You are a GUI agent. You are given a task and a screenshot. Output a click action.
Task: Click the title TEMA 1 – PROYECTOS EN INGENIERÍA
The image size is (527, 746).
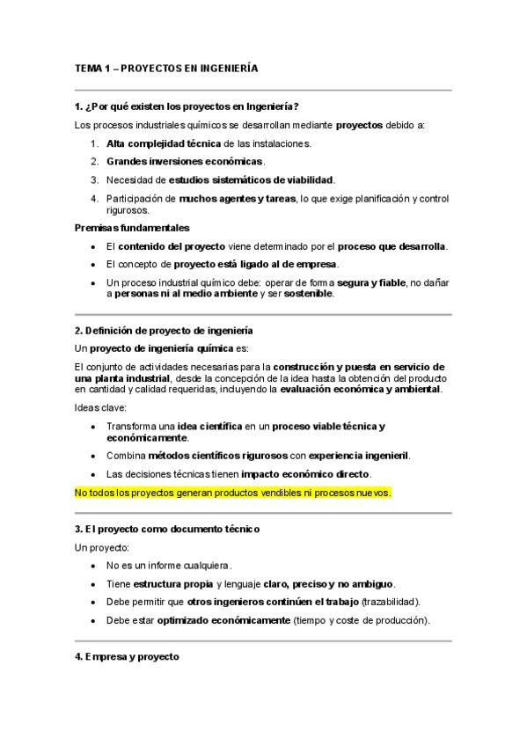(166, 68)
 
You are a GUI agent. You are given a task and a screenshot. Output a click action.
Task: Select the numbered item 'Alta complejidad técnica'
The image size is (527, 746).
(165, 143)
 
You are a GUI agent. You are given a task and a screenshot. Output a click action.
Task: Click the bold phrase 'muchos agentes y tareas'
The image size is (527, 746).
(238, 198)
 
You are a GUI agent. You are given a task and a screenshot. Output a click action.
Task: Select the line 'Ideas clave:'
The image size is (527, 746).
(101, 407)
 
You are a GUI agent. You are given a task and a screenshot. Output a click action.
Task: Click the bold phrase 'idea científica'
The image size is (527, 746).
(210, 426)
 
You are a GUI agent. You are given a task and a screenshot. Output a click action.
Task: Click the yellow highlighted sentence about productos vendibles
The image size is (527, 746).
(233, 493)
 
